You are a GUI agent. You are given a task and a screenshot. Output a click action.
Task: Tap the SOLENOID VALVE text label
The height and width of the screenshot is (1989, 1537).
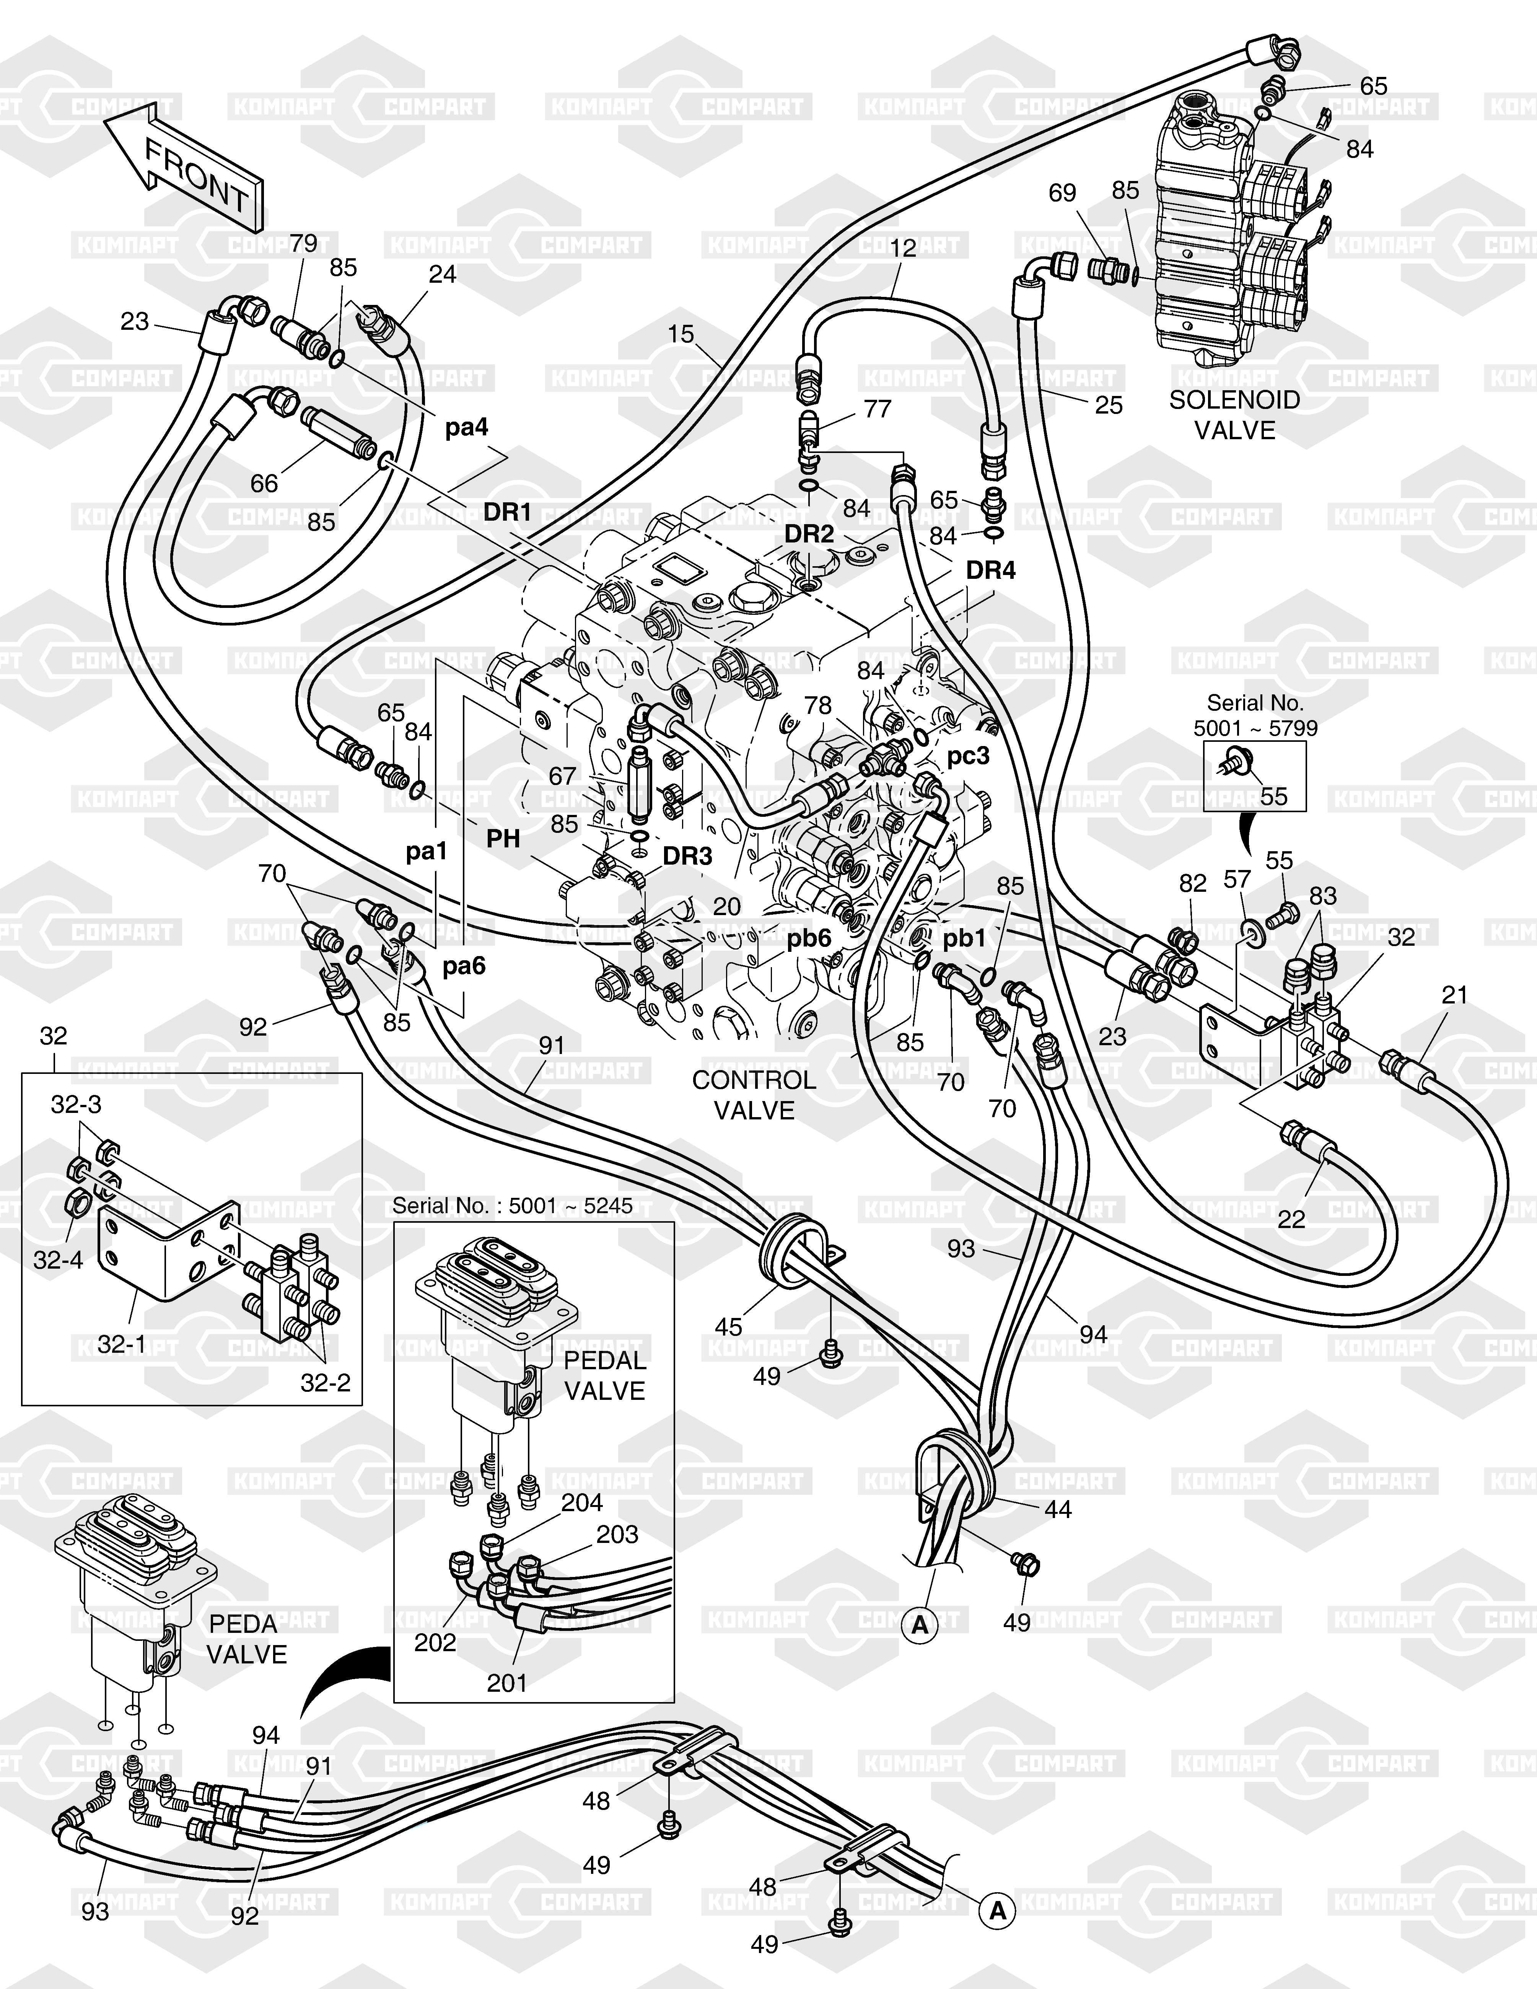pos(1235,414)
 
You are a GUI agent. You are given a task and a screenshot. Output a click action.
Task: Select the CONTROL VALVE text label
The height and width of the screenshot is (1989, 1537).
pos(754,1095)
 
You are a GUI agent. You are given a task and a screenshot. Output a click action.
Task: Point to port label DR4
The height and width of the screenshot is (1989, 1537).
pos(991,571)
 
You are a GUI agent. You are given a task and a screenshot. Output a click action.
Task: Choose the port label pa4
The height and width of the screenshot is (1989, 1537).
pos(466,427)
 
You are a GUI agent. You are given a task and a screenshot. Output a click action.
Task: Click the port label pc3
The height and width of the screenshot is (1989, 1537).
pos(968,756)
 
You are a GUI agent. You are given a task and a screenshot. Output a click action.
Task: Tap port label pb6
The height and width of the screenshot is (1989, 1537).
pos(809,938)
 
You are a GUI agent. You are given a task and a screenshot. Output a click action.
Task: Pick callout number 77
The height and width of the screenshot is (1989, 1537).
pos(877,409)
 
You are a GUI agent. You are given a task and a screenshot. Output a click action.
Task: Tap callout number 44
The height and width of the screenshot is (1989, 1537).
pos(1057,1509)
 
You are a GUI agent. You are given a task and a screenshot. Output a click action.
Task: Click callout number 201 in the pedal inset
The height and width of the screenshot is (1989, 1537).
pos(506,1683)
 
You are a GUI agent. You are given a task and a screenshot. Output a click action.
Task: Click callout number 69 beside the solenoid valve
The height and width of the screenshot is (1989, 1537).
pos(1062,193)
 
